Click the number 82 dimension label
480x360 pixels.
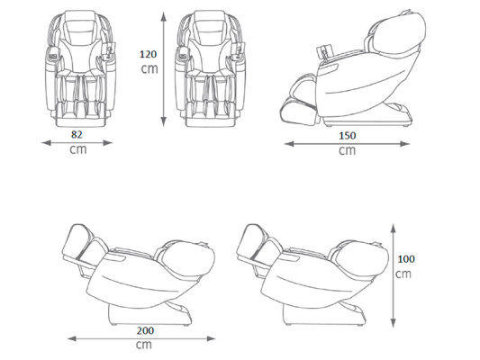click(77, 135)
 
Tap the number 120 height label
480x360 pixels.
click(149, 54)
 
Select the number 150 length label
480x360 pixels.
click(348, 136)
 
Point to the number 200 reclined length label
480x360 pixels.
click(145, 330)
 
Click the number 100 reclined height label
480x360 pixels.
click(406, 259)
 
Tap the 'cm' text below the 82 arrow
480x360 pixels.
click(78, 149)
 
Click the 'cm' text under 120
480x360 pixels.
click(149, 68)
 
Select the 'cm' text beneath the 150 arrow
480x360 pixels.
click(347, 150)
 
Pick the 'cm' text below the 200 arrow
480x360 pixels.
click(144, 345)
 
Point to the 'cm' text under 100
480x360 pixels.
click(403, 274)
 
